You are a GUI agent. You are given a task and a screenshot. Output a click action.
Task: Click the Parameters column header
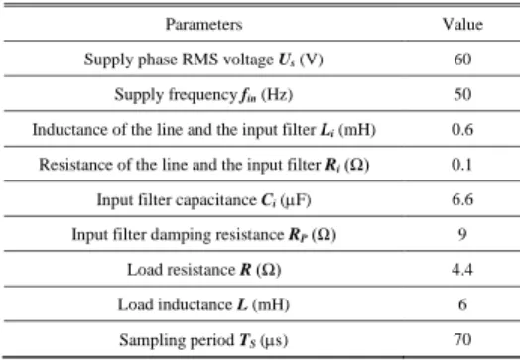(204, 25)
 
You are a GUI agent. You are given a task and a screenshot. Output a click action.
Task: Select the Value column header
(462, 25)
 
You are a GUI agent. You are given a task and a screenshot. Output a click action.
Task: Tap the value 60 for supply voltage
(462, 60)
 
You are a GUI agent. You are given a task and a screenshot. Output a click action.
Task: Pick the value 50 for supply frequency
(462, 94)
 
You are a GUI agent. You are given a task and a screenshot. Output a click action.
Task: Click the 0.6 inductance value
(462, 130)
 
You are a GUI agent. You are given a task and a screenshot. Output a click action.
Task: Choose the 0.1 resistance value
(462, 165)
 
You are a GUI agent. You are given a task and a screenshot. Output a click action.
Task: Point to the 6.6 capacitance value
(462, 200)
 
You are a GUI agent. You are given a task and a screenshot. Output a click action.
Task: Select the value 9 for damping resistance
(462, 235)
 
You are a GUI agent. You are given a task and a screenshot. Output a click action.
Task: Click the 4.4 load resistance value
(462, 270)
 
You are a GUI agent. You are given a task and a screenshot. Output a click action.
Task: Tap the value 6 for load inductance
(462, 304)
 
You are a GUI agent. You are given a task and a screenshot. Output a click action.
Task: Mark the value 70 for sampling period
(462, 340)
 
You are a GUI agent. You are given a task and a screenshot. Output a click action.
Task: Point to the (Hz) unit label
(277, 95)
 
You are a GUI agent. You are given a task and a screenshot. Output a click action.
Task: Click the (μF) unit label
(296, 200)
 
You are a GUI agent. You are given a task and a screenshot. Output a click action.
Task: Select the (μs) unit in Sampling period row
(274, 340)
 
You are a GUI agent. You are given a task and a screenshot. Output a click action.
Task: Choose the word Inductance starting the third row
(70, 130)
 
